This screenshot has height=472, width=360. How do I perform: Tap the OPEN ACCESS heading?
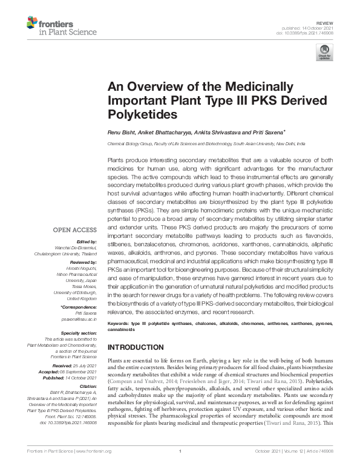[74, 230]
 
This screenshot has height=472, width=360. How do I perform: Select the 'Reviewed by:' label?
[82, 262]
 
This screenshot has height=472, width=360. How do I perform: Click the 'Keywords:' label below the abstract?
[119, 324]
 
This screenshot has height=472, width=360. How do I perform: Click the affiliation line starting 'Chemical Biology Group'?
[206, 145]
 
